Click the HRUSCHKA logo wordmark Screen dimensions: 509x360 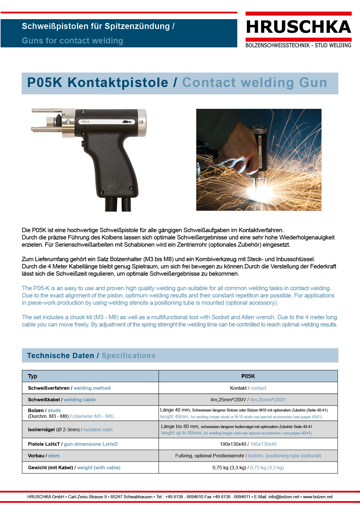pos(298,27)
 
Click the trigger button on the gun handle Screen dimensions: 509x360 pos(83,143)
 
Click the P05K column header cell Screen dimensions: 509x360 pos(248,376)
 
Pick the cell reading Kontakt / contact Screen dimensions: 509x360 pos(248,388)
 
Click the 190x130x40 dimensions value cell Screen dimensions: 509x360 pos(248,444)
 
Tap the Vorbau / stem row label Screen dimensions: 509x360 pos(44,456)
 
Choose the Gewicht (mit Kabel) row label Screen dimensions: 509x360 pos(74,468)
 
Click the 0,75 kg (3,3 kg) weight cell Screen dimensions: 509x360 pos(248,468)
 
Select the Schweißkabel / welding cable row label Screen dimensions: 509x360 pos(62,400)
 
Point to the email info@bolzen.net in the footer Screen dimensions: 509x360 pos(284,497)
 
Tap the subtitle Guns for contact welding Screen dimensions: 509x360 pos(73,41)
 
